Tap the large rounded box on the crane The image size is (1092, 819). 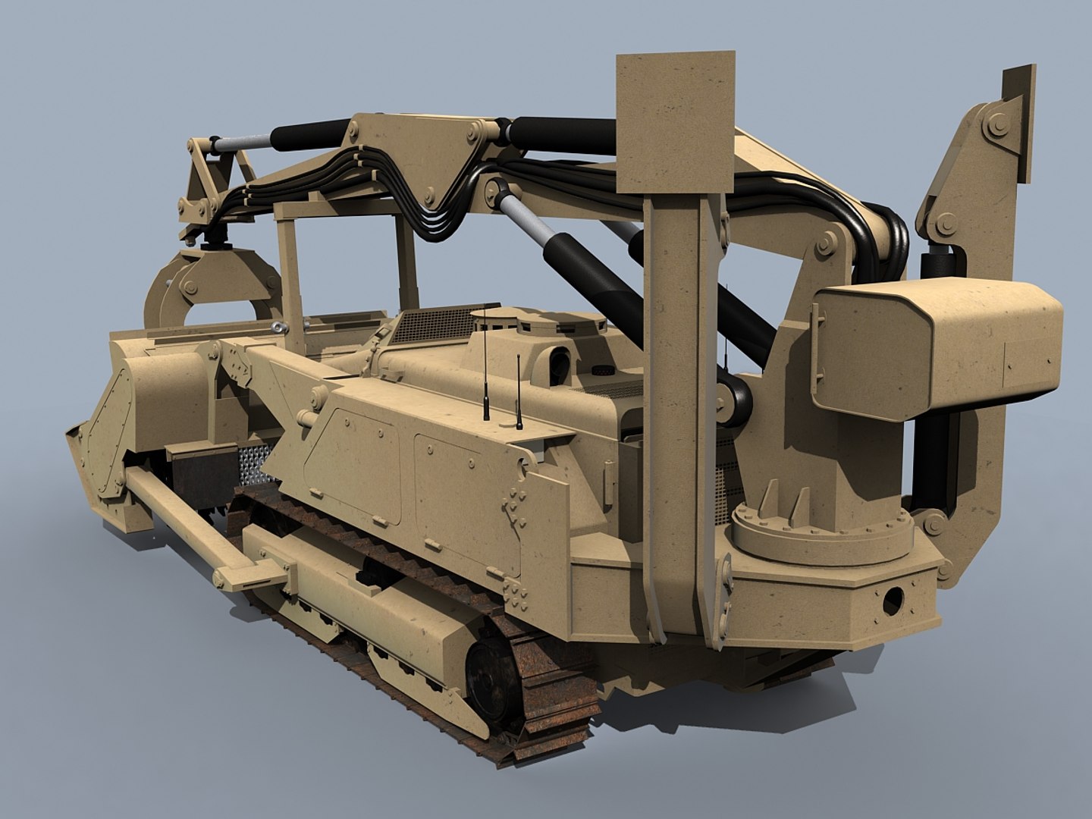(940, 344)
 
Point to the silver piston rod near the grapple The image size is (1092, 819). (241, 141)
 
